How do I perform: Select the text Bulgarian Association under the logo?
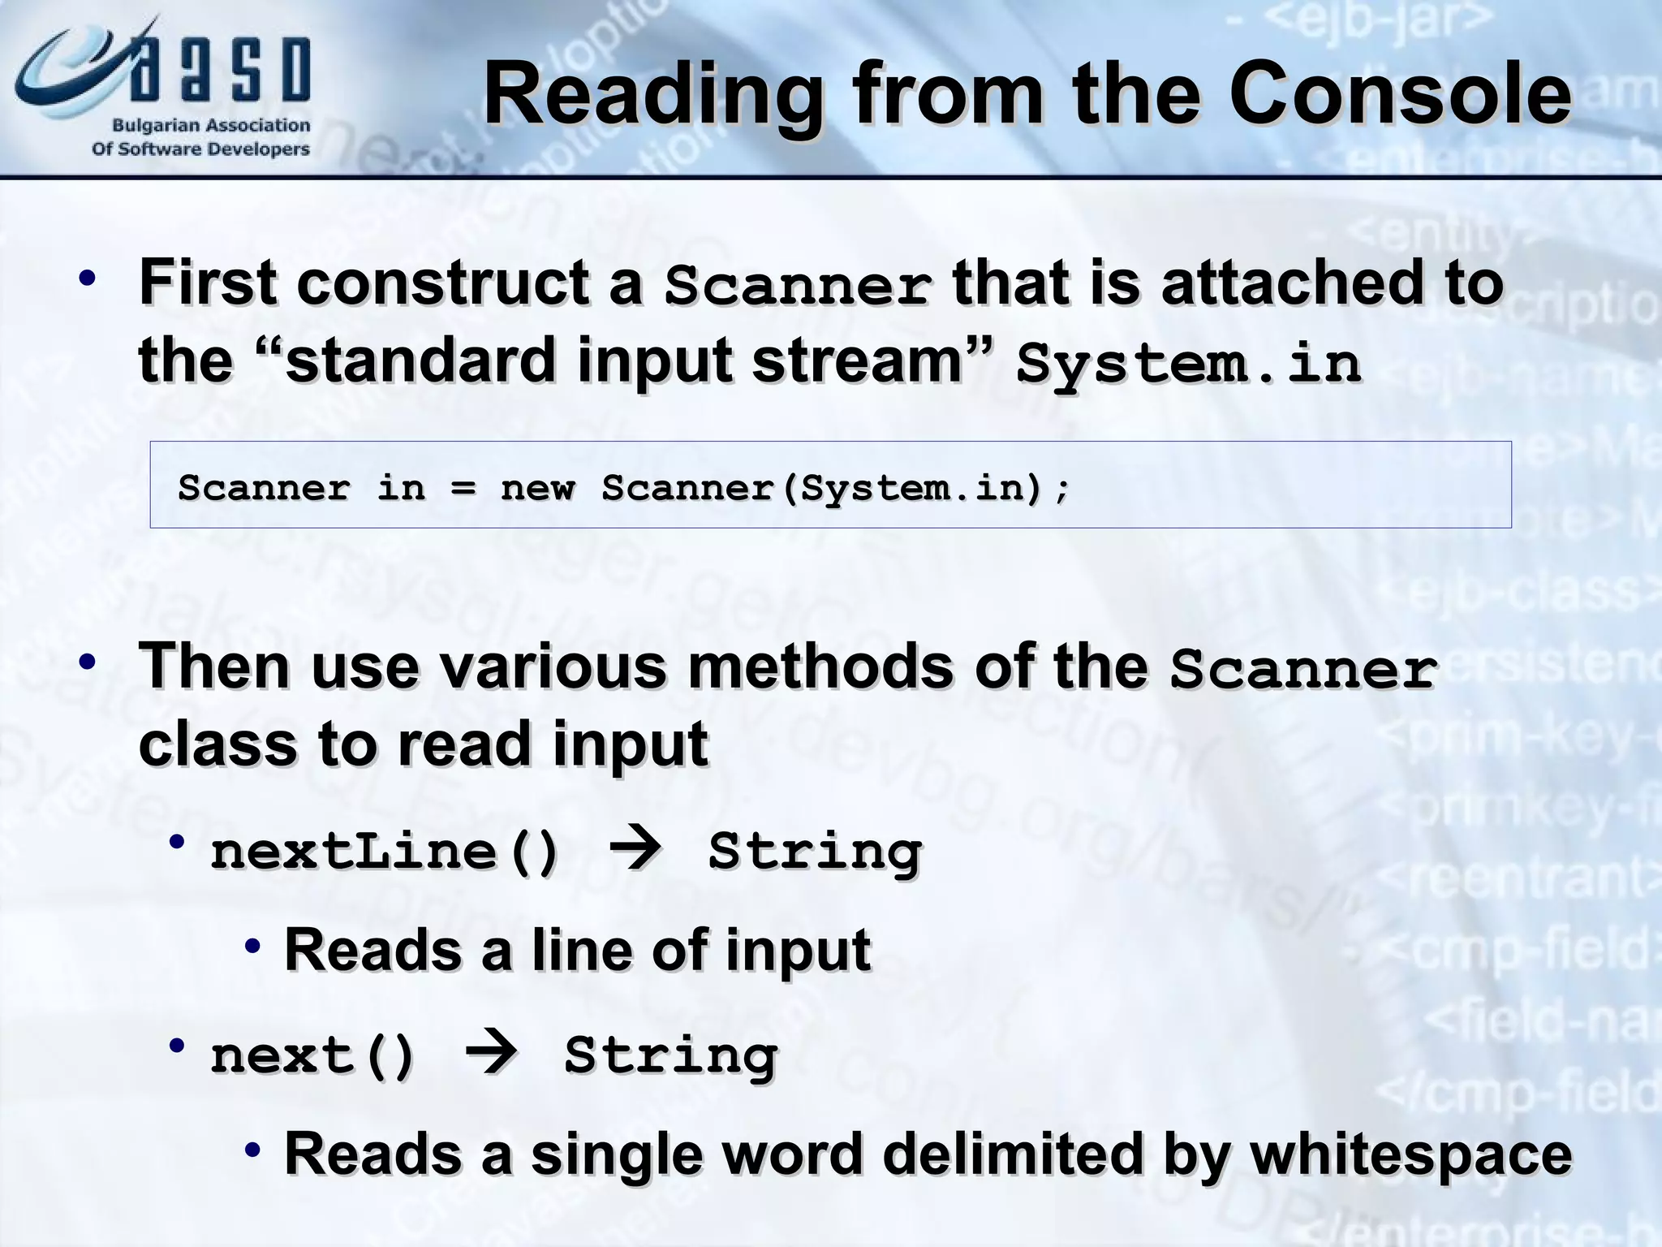210,126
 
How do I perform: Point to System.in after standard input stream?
1188,363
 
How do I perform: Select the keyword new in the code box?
537,488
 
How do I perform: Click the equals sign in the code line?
463,489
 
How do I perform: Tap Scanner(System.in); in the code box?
836,488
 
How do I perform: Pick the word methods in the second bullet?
820,666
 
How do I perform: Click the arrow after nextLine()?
635,850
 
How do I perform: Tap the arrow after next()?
491,1054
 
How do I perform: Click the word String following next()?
670,1055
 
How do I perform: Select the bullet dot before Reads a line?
253,946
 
